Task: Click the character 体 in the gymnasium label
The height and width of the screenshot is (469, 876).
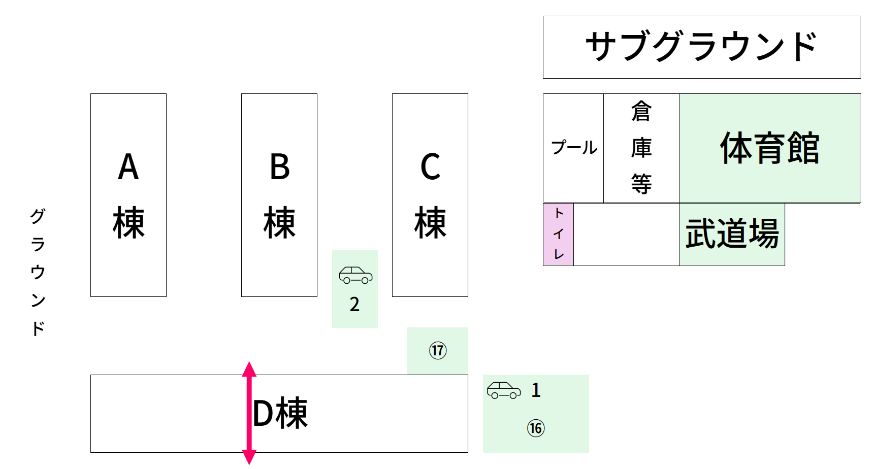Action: click(x=736, y=148)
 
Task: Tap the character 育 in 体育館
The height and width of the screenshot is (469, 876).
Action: click(x=769, y=148)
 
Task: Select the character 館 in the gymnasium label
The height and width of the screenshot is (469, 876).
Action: click(x=803, y=148)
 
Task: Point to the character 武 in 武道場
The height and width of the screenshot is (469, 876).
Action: click(x=701, y=233)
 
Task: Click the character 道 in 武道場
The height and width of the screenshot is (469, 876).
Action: click(x=732, y=233)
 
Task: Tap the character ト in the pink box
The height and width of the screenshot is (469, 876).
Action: click(x=559, y=213)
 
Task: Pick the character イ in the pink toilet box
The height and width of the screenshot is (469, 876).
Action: click(x=559, y=234)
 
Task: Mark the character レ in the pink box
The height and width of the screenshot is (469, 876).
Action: click(x=559, y=254)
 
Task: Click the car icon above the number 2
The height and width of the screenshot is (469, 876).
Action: click(x=355, y=275)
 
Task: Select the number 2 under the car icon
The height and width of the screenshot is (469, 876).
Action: click(x=354, y=305)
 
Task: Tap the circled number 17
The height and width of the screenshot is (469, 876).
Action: click(x=438, y=350)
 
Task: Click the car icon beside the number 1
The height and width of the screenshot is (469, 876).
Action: click(x=504, y=390)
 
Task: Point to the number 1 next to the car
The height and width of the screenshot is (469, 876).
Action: click(x=536, y=390)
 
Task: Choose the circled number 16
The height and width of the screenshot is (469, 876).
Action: click(x=536, y=428)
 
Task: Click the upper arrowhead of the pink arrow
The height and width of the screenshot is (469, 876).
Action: click(x=249, y=369)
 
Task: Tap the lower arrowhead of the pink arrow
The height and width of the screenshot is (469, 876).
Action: click(x=249, y=457)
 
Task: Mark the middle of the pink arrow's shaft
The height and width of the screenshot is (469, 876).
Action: click(x=249, y=413)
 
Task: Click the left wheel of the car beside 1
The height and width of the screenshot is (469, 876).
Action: click(x=495, y=396)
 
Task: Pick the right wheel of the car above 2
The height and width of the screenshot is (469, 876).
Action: click(x=365, y=281)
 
